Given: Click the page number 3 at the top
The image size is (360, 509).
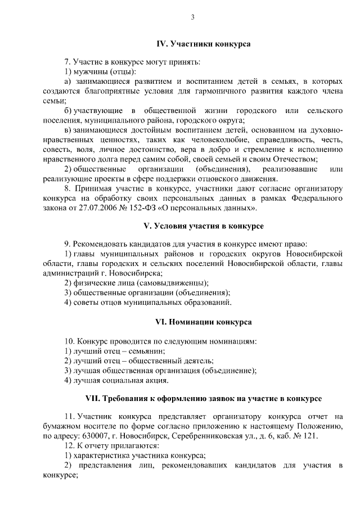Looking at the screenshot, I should [x=192, y=17].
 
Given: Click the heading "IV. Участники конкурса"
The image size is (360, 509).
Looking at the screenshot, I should [x=203, y=43].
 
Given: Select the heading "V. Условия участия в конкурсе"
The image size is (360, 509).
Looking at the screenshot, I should [x=203, y=226].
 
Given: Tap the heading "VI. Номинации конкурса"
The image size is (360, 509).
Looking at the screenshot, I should [x=203, y=322].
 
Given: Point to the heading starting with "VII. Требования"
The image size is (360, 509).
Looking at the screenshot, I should [x=203, y=398].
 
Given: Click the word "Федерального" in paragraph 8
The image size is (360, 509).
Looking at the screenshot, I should [x=314, y=199].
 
